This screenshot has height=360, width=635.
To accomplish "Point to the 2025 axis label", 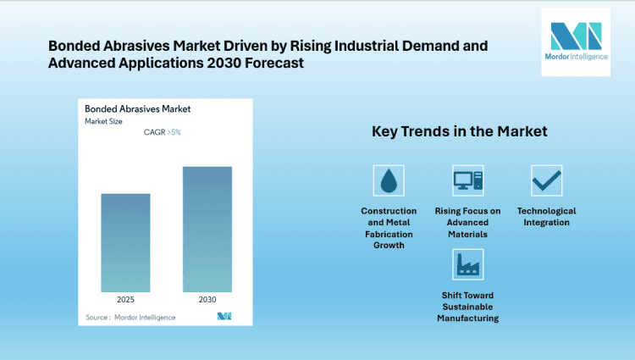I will [x=125, y=299].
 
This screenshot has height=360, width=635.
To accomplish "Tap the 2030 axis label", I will [x=207, y=299].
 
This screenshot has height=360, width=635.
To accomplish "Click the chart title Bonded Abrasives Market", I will [x=137, y=109].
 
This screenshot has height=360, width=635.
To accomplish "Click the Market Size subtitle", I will [x=105, y=122].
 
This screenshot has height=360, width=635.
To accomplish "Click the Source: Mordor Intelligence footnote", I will [x=131, y=317].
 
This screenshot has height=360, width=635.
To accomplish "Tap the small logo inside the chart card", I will [x=224, y=316].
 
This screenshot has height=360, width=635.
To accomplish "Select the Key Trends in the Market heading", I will [x=460, y=132].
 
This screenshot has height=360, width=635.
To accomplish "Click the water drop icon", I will [x=389, y=180].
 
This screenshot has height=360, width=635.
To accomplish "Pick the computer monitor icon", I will [x=467, y=180].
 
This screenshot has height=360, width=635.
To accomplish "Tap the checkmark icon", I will [x=546, y=180].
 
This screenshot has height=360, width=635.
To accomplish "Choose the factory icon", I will [x=467, y=264].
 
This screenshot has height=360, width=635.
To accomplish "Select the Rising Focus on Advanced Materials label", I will [x=467, y=222].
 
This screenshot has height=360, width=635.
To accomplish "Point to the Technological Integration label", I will [x=546, y=216].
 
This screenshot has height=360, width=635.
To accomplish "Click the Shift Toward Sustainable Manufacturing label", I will [x=467, y=306].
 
